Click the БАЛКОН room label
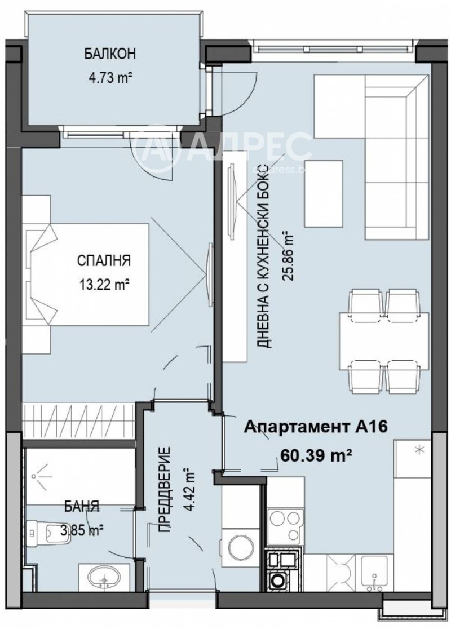coord(110,55)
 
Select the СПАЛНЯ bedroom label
coord(104,260)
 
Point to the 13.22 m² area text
coord(104,285)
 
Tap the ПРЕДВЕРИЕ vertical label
coord(165,490)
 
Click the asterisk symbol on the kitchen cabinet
coord(418,450)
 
